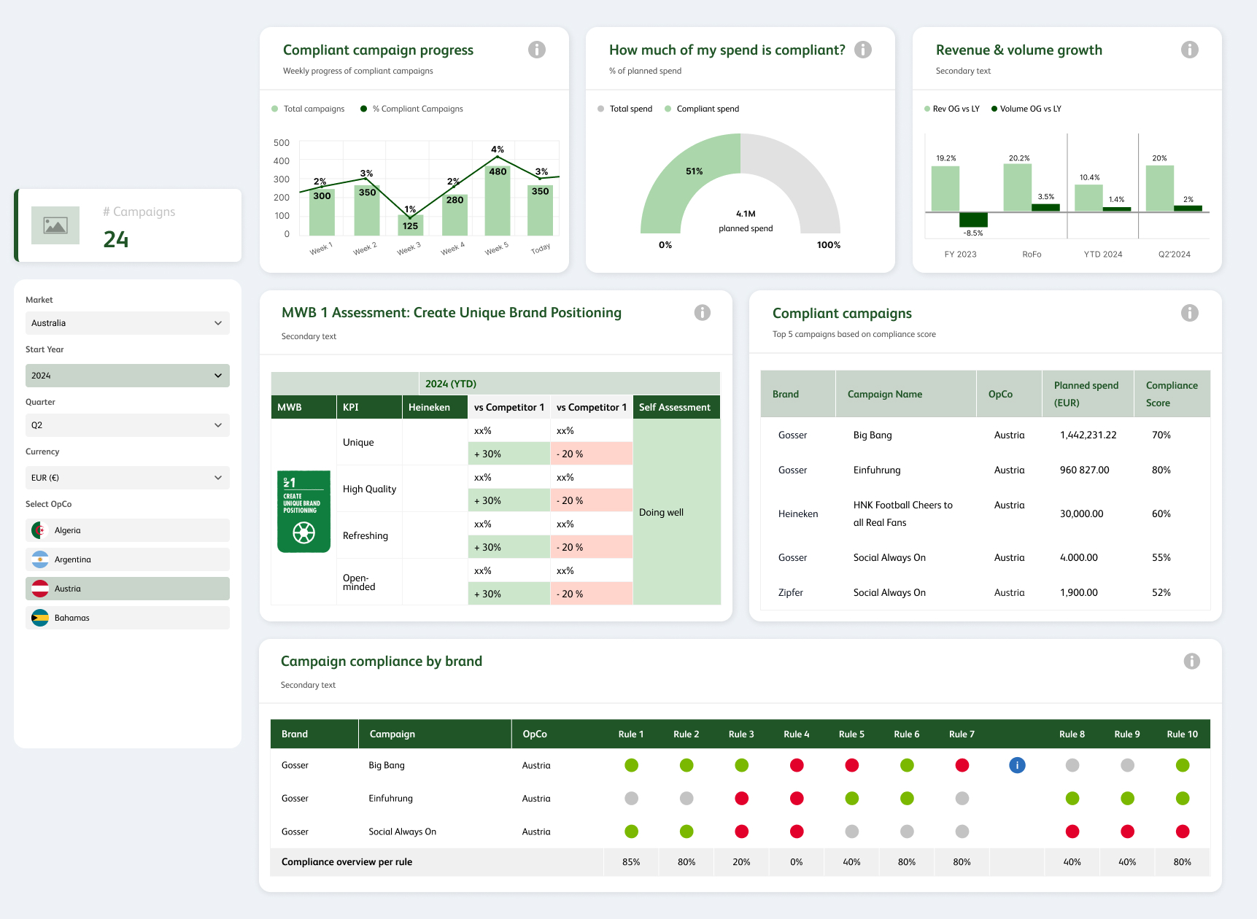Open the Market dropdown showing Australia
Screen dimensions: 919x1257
click(127, 323)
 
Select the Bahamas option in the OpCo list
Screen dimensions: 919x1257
click(127, 618)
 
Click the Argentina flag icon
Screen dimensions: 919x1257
click(40, 559)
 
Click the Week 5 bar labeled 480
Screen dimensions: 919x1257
click(497, 201)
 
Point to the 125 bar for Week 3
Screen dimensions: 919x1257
click(410, 225)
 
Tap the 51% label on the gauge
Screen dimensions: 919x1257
click(694, 171)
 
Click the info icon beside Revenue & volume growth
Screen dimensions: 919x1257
click(1189, 50)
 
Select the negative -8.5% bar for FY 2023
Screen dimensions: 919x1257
click(973, 220)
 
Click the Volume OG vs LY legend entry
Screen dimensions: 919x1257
click(1026, 109)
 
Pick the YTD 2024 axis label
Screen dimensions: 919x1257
click(1102, 255)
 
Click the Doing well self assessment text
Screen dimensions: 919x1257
click(661, 512)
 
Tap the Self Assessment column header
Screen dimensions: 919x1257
click(675, 407)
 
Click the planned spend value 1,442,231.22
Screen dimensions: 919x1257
click(1088, 435)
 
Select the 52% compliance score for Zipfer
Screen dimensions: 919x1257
click(1161, 592)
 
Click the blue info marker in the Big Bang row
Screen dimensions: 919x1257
click(1017, 765)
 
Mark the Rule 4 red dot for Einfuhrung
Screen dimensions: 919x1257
click(797, 799)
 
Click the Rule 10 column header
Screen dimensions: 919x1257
click(1182, 734)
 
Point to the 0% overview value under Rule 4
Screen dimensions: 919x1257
click(796, 862)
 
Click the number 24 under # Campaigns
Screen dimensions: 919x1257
click(116, 239)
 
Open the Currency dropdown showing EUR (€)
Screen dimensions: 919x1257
click(127, 478)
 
